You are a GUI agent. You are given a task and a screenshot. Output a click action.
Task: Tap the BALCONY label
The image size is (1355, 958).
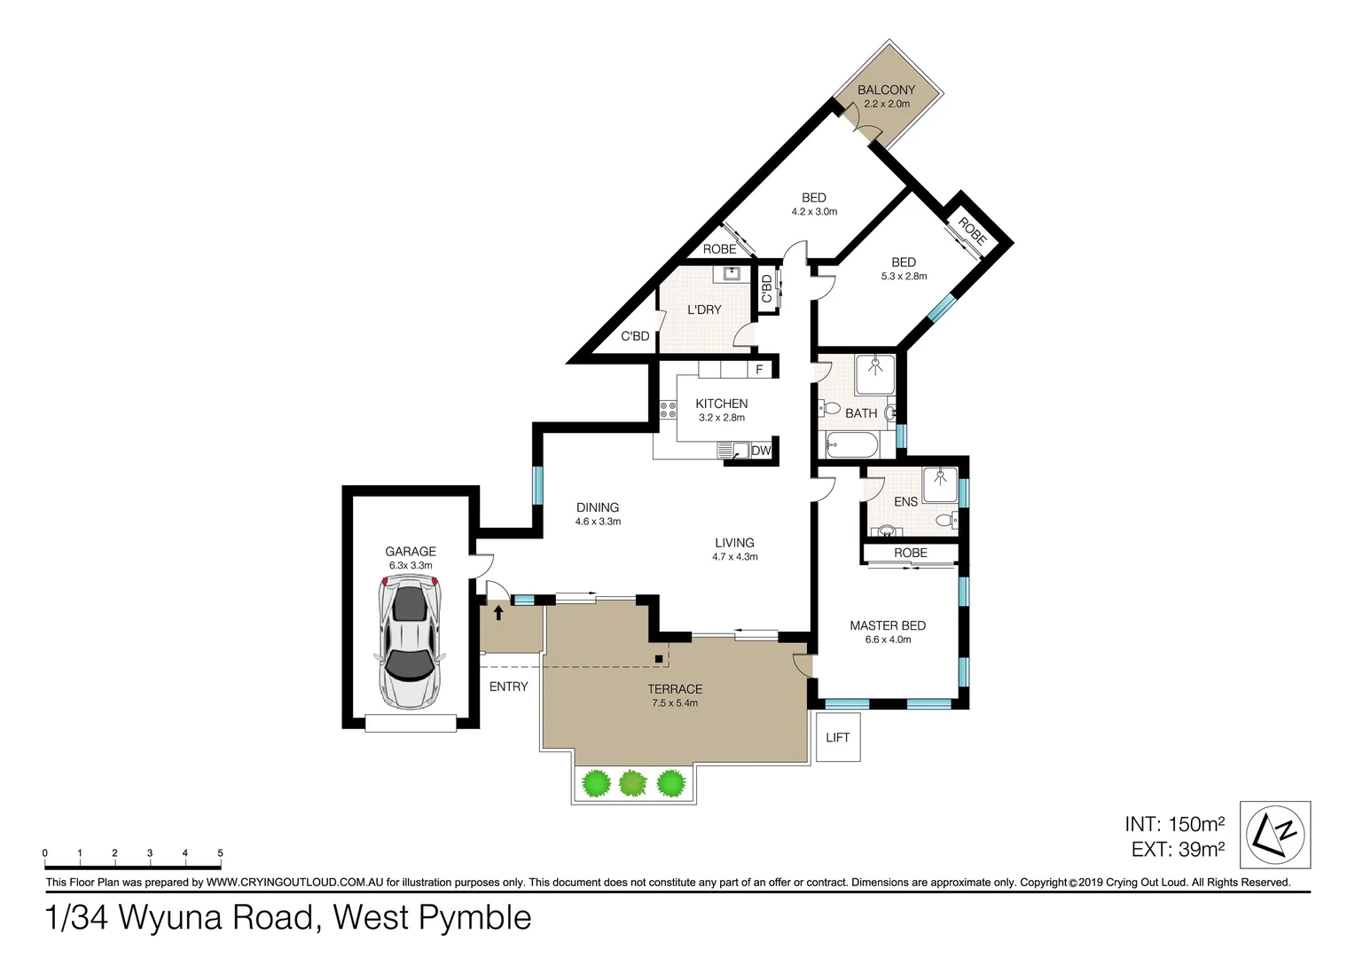pos(886,90)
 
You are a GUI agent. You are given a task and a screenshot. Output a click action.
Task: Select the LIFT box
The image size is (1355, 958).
pos(837,737)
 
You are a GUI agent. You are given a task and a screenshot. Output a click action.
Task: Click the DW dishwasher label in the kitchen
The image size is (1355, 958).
pos(761,451)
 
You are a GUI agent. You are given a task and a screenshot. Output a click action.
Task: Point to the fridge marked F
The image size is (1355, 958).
pos(759,369)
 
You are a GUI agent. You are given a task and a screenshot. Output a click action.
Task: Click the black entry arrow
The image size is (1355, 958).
pos(498,611)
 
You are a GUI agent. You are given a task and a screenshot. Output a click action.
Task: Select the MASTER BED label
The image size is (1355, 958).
pos(887,625)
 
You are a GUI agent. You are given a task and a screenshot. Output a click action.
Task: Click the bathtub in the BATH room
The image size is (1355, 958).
pos(850,444)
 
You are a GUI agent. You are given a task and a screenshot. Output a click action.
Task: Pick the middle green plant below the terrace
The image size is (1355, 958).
pos(632,783)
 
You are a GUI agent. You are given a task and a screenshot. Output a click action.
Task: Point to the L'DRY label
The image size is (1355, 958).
pos(704,310)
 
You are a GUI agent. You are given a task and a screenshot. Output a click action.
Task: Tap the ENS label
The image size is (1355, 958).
pos(905,501)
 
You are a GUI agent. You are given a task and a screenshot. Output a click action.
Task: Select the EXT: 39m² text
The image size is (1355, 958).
pos(1178,850)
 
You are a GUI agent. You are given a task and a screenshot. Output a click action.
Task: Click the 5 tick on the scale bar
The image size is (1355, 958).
pos(220,854)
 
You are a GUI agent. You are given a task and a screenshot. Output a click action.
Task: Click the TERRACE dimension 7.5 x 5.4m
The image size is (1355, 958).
pos(674,703)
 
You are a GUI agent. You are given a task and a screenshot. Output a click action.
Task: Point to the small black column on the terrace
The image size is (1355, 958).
pos(658,658)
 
